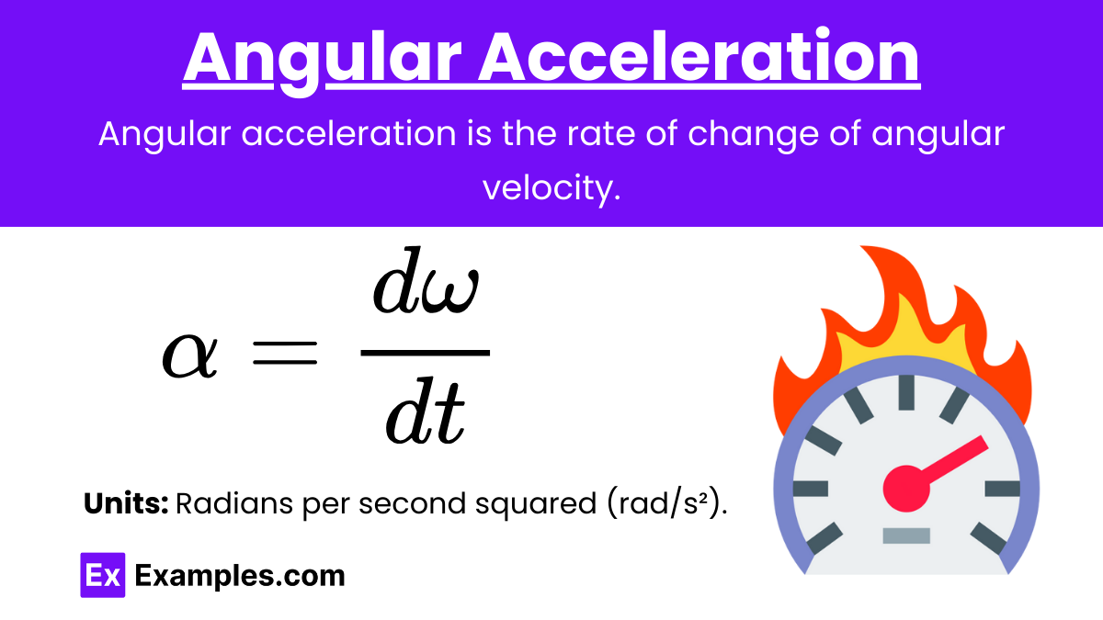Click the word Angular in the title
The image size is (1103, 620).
pyautogui.click(x=322, y=60)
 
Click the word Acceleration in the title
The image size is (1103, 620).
pyautogui.click(x=699, y=56)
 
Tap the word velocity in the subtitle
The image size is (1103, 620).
pyautogui.click(x=551, y=189)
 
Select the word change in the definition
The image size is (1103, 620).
pyautogui.click(x=753, y=135)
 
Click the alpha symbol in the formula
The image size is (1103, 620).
pyautogui.click(x=189, y=355)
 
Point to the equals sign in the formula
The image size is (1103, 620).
pyautogui.click(x=285, y=354)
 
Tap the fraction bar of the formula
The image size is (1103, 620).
pyautogui.click(x=425, y=353)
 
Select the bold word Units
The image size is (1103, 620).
pyautogui.click(x=126, y=503)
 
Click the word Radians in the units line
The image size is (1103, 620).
pyautogui.click(x=233, y=503)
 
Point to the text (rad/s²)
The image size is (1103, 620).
pyautogui.click(x=666, y=504)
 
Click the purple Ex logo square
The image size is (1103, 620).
pyautogui.click(x=102, y=575)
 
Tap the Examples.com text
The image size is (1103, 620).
pyautogui.click(x=240, y=576)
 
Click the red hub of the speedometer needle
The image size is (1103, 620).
pyautogui.click(x=906, y=488)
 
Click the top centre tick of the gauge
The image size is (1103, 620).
pyautogui.click(x=906, y=392)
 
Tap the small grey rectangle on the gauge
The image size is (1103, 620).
pyautogui.click(x=906, y=535)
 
